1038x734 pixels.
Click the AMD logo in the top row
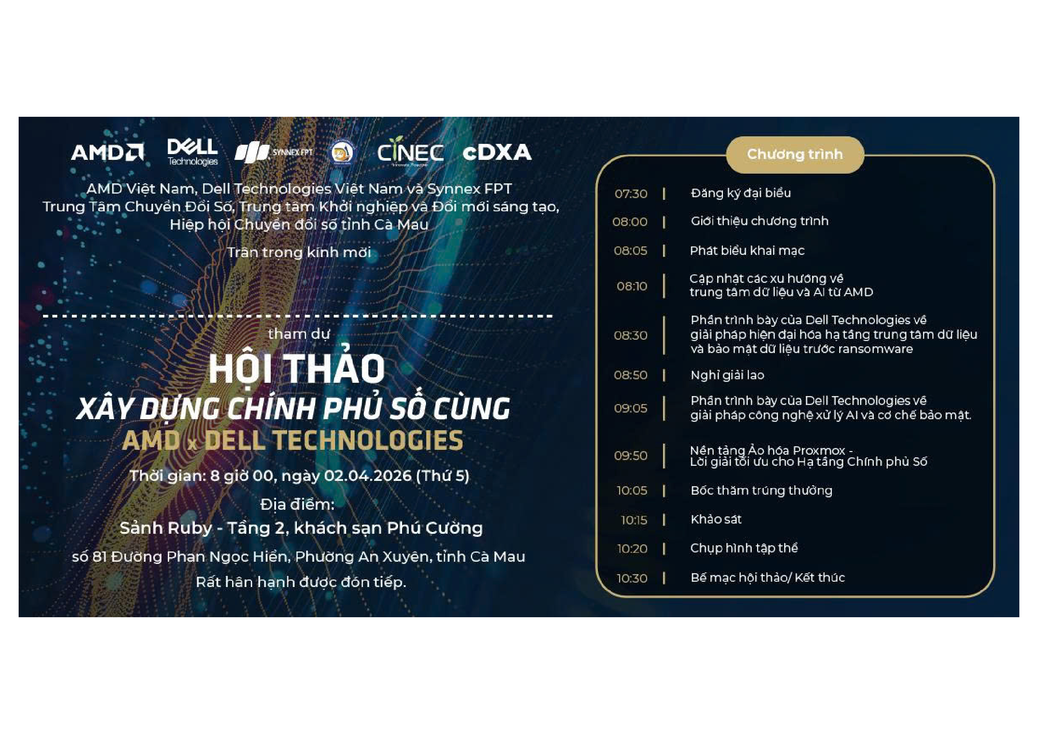[x=107, y=152]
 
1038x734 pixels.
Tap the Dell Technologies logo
[x=193, y=152]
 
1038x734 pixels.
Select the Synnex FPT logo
[x=273, y=153]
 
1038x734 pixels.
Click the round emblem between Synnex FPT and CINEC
[x=341, y=152]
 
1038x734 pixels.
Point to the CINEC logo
[x=410, y=152]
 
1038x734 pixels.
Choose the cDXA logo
[x=497, y=153]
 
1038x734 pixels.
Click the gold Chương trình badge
[x=795, y=155]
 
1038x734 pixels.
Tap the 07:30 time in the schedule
[x=631, y=194]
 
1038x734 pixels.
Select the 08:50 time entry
[x=630, y=375]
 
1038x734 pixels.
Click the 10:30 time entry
[x=631, y=579]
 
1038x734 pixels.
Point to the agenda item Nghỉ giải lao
[x=727, y=375]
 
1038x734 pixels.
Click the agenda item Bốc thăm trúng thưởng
[x=762, y=491]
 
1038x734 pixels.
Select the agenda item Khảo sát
[x=716, y=520]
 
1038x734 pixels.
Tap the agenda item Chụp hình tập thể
[x=744, y=548]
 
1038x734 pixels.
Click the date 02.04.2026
[x=367, y=476]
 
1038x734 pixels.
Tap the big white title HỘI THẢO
[x=296, y=369]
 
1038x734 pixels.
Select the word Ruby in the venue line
[x=189, y=528]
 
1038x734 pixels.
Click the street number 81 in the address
[x=99, y=557]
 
